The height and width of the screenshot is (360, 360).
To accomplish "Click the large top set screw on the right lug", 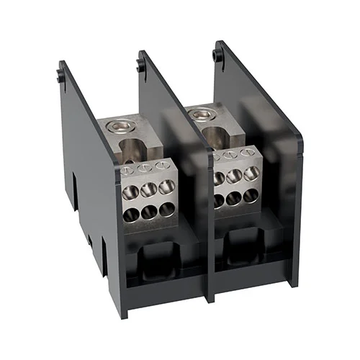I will click(203, 112).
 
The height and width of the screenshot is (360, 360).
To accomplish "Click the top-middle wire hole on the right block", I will click(235, 175).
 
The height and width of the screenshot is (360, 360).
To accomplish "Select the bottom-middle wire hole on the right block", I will click(235, 196).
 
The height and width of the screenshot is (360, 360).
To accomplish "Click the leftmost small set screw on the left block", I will click(130, 171).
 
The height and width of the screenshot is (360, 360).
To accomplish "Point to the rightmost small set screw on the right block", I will click(247, 153).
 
